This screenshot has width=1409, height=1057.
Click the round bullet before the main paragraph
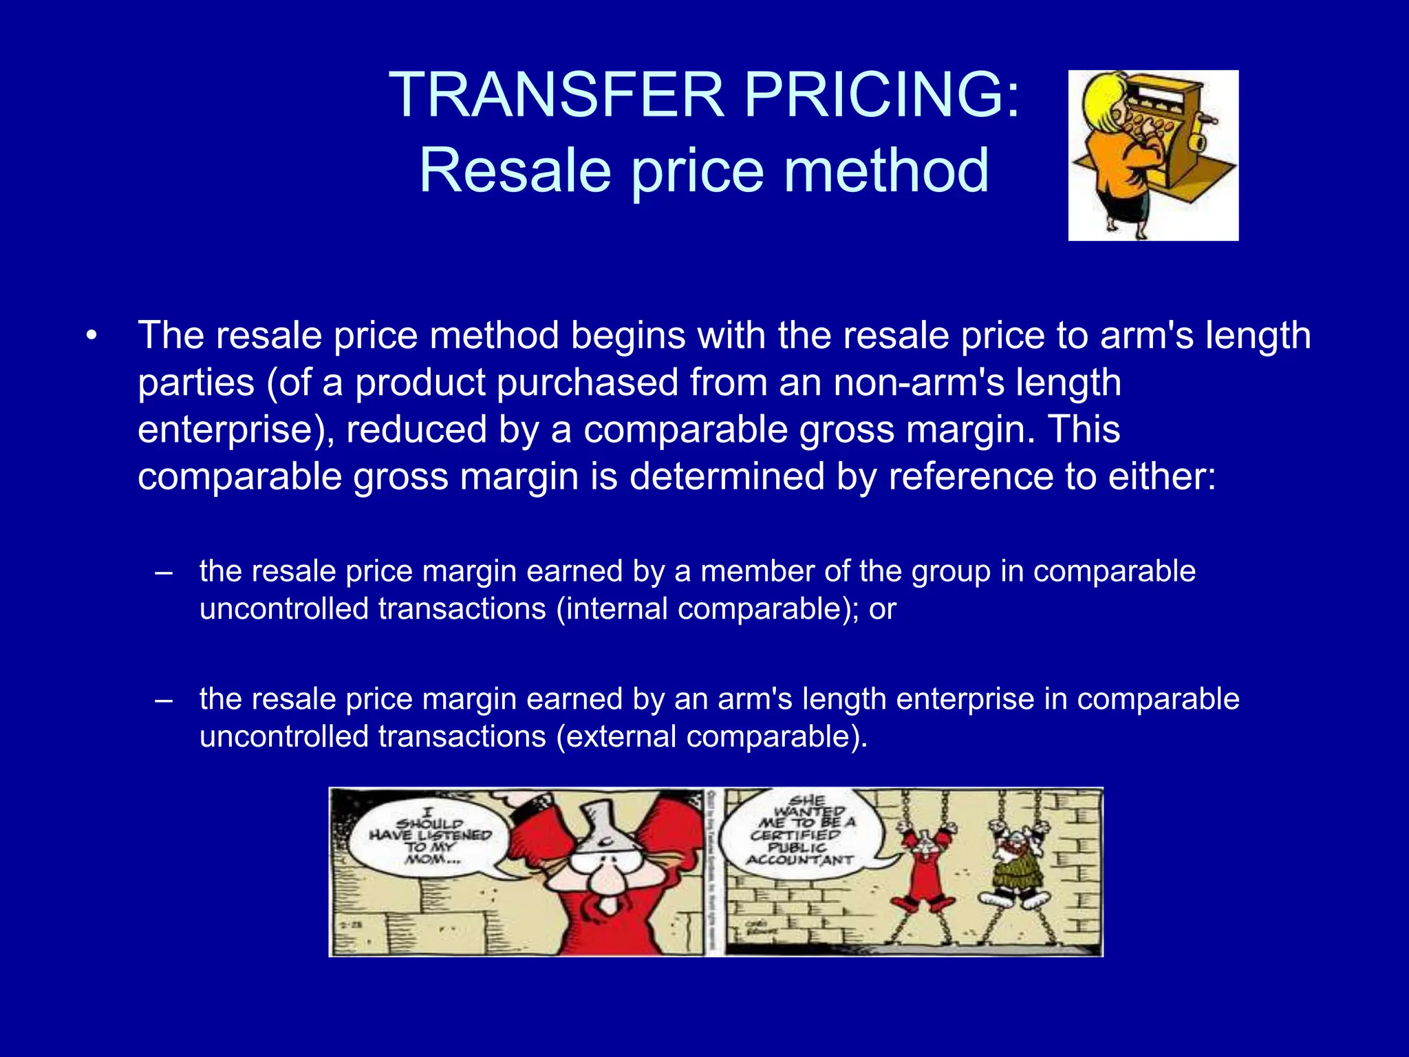pyautogui.click(x=92, y=337)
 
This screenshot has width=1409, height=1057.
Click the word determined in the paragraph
pyautogui.click(x=727, y=476)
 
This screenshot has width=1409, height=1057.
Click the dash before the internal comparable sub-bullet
pyautogui.click(x=164, y=572)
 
